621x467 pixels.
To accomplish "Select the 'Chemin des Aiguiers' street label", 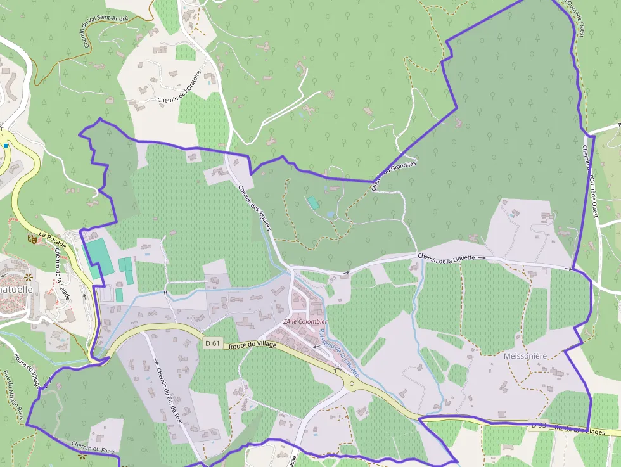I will click(253, 207).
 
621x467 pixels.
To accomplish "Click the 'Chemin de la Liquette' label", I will click(447, 256).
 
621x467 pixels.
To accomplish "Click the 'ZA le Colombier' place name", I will click(305, 322).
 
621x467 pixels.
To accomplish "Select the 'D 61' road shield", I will click(212, 343).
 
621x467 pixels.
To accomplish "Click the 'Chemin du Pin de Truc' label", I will click(169, 396).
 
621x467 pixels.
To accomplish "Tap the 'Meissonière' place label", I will click(525, 356).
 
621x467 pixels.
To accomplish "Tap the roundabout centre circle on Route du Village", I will click(352, 383).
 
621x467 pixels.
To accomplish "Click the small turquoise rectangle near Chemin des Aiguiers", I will click(313, 203).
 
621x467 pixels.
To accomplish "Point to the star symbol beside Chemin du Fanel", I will click(82, 456).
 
